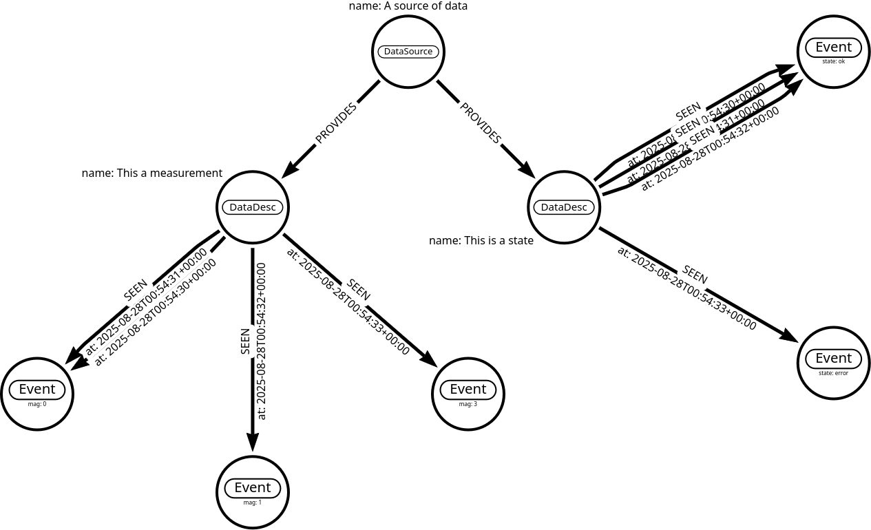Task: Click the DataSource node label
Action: coord(408,52)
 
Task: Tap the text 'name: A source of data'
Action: coord(408,6)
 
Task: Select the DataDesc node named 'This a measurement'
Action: coord(253,207)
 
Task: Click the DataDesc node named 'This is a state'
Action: coord(565,207)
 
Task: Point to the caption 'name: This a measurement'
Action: coord(152,173)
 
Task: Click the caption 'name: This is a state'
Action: coord(481,240)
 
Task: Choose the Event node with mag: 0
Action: coord(37,394)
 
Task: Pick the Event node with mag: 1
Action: coord(253,492)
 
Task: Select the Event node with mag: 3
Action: coord(468,394)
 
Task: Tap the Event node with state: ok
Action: coord(834,52)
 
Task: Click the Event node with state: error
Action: coord(834,363)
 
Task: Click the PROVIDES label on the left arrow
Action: coord(336,124)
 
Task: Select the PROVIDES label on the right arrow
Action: coord(481,123)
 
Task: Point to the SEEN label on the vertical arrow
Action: coord(245,341)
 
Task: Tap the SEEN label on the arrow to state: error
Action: coord(695,274)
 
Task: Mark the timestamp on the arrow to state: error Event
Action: coord(686,288)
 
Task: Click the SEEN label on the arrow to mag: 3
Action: coord(358,290)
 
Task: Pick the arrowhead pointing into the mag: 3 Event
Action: coord(430,360)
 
